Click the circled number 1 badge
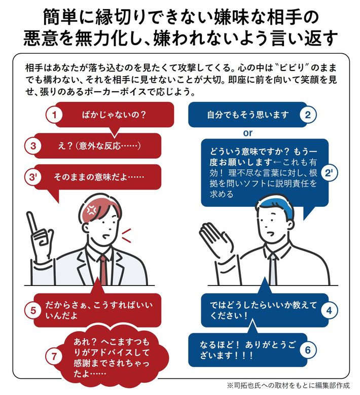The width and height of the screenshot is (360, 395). [x=54, y=115]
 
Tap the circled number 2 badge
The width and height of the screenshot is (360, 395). [x=308, y=115]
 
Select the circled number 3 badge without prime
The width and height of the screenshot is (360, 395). [x=33, y=146]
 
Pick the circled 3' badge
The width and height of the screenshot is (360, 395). [x=33, y=177]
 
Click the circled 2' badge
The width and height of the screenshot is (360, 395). [x=329, y=173]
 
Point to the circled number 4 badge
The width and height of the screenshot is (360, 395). [x=329, y=311]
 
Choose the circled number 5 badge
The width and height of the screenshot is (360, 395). [x=33, y=311]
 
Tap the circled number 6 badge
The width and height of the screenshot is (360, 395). [x=308, y=350]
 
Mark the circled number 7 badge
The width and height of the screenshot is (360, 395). [x=54, y=356]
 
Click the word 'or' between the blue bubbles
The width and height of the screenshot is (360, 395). [x=247, y=133]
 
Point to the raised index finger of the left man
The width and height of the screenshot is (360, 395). [x=32, y=222]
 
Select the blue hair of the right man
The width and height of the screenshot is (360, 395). [x=275, y=205]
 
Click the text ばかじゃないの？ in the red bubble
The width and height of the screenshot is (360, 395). [x=114, y=115]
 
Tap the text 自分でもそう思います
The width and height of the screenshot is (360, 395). [x=248, y=115]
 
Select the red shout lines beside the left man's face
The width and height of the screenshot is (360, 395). [x=126, y=236]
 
